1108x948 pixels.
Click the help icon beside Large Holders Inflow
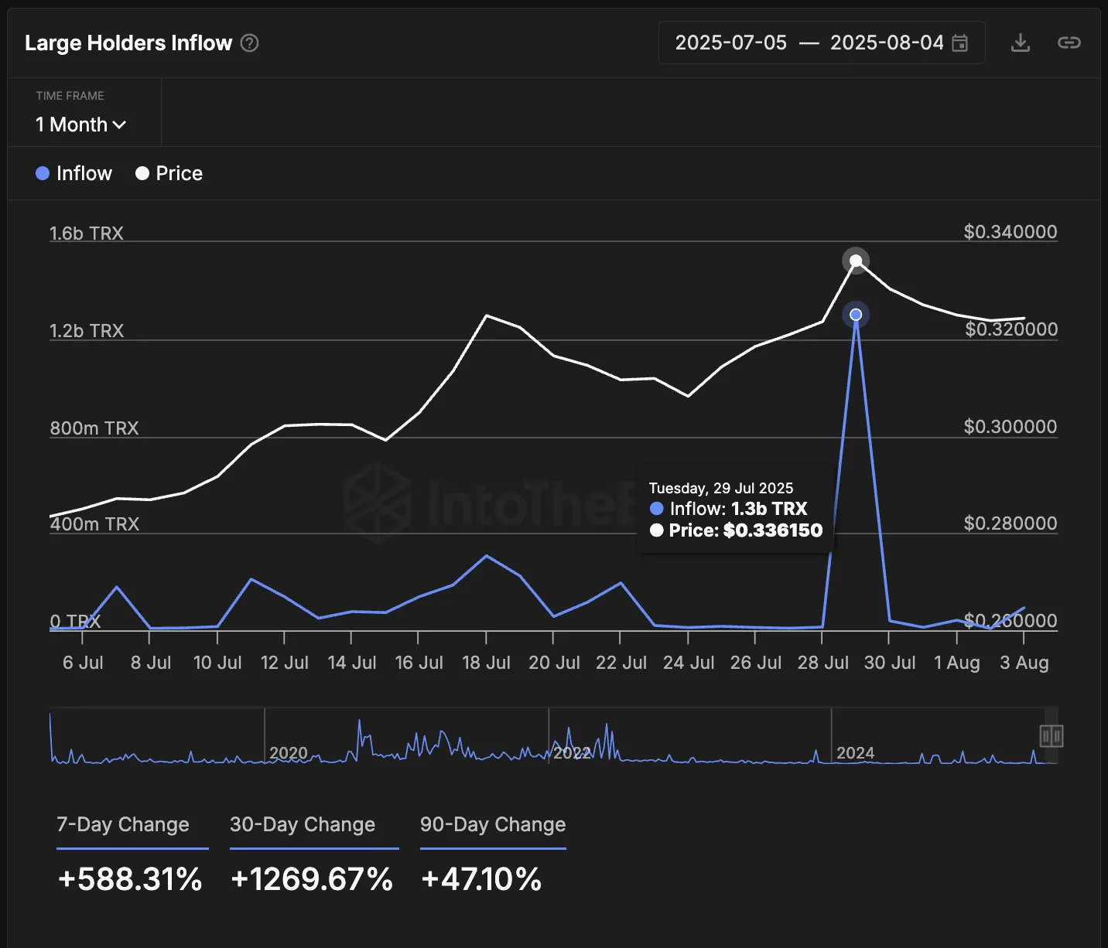(249, 43)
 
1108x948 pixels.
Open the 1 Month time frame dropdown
(80, 124)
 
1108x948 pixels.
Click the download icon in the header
(1020, 43)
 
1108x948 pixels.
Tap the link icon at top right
(1069, 43)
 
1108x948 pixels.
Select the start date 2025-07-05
(730, 43)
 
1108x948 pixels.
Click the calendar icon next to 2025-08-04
(959, 43)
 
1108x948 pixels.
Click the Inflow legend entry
(74, 173)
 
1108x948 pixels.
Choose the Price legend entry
(169, 173)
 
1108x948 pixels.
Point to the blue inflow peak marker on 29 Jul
(856, 315)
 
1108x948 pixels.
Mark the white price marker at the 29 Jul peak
(856, 261)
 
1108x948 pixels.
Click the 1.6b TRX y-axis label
(87, 233)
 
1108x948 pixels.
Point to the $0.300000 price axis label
(1010, 427)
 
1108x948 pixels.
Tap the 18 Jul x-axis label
(486, 663)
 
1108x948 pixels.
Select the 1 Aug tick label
(956, 663)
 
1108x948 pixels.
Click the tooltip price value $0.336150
(772, 530)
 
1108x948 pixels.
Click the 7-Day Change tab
(123, 824)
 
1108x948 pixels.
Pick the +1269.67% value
(312, 879)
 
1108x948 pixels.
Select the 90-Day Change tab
(493, 824)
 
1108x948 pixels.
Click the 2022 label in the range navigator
(572, 753)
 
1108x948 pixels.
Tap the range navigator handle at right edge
(1051, 736)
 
